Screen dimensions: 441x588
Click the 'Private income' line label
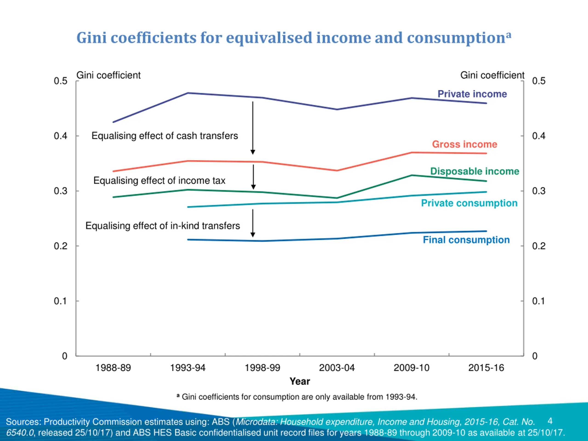click(472, 94)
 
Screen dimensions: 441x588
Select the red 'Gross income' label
click(464, 144)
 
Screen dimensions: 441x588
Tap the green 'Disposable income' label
click(475, 171)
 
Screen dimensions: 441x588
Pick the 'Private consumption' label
click(469, 203)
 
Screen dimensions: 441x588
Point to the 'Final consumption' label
click(466, 240)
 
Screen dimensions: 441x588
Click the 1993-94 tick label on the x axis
click(188, 368)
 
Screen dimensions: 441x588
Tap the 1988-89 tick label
click(113, 368)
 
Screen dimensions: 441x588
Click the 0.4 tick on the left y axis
click(61, 136)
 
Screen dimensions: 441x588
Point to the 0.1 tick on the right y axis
click(538, 301)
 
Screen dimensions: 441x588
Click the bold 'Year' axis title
click(300, 381)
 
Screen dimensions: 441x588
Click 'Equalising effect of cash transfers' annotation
click(164, 136)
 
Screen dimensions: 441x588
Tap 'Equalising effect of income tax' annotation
click(159, 181)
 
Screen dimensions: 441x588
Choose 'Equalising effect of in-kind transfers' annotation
click(162, 226)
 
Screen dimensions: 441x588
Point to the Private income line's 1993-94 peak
click(188, 93)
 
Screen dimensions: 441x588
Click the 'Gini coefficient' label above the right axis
click(492, 75)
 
